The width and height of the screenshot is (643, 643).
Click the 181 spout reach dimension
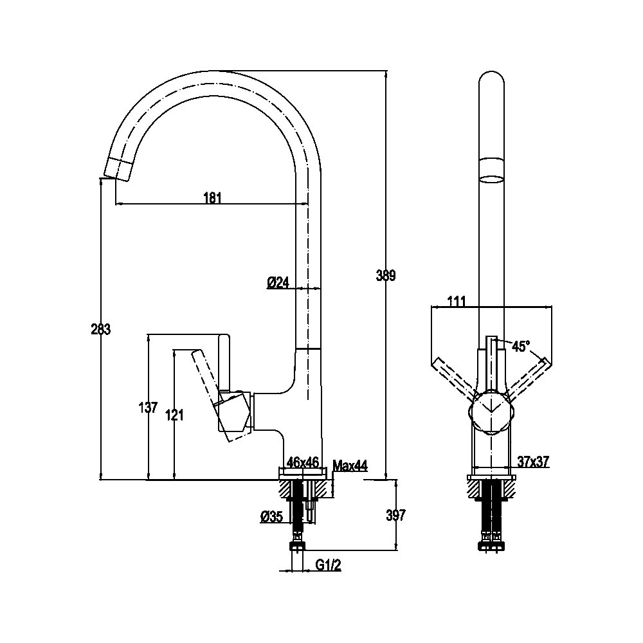(212, 197)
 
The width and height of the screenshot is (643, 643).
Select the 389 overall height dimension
(386, 275)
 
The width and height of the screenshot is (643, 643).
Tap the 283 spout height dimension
(101, 329)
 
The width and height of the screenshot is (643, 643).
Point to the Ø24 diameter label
(278, 282)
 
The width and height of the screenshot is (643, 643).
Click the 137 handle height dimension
(148, 408)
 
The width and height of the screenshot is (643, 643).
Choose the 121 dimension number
(174, 415)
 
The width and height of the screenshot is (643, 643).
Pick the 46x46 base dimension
(303, 462)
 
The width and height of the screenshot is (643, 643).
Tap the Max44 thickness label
(350, 466)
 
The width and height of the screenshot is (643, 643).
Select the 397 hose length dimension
(395, 515)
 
